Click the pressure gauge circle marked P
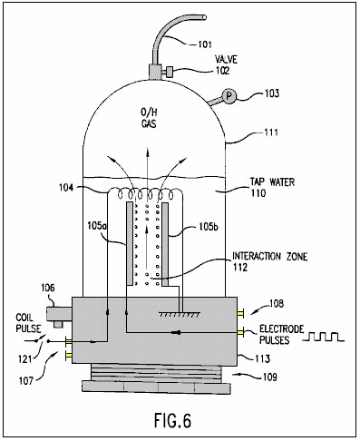pyautogui.click(x=229, y=96)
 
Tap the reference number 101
pyautogui.click(x=205, y=44)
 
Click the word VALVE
pyautogui.click(x=226, y=59)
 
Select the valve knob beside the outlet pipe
pyautogui.click(x=170, y=73)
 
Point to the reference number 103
pyautogui.click(x=272, y=93)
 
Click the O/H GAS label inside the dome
pyautogui.click(x=149, y=118)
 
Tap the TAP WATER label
pyautogui.click(x=272, y=181)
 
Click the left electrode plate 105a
pyautogui.click(x=130, y=244)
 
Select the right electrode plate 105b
pyautogui.click(x=165, y=244)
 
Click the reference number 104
pyautogui.click(x=66, y=188)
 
